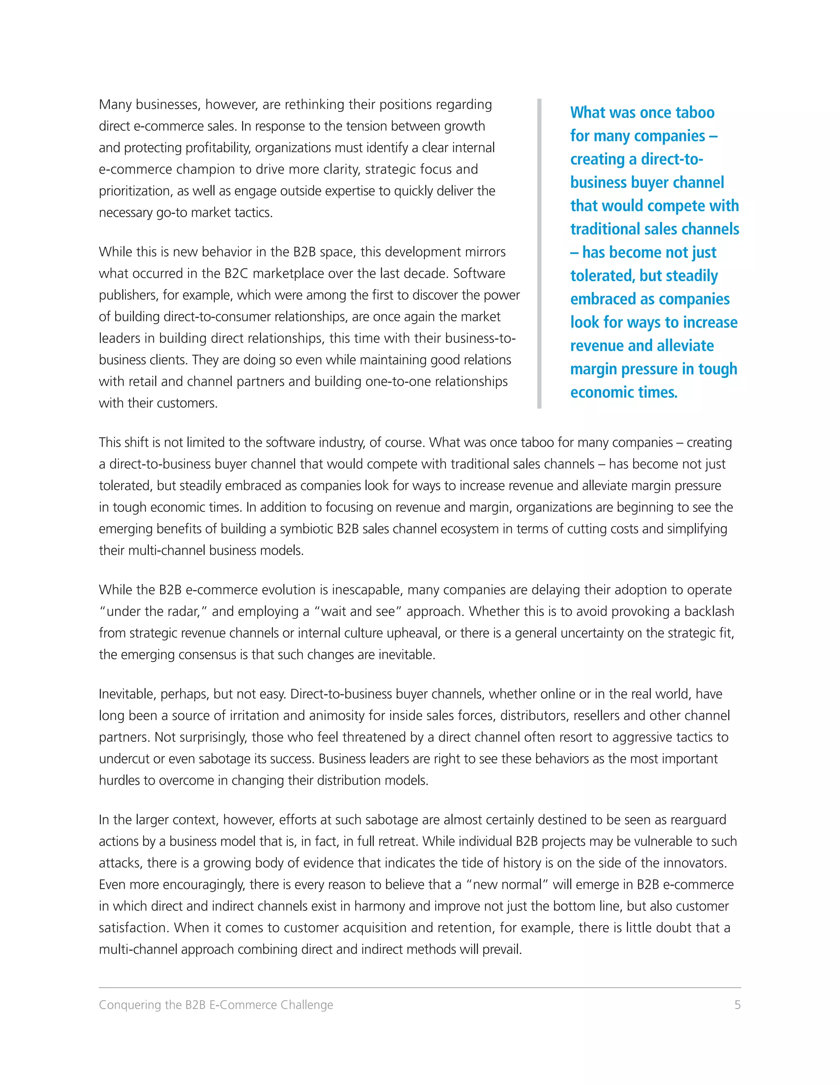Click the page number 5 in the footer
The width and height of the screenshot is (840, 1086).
[x=737, y=1005]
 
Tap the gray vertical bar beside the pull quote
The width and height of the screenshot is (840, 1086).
[x=539, y=254]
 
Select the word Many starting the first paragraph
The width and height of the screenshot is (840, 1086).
[x=115, y=105]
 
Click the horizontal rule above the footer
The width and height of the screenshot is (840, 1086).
[x=420, y=988]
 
